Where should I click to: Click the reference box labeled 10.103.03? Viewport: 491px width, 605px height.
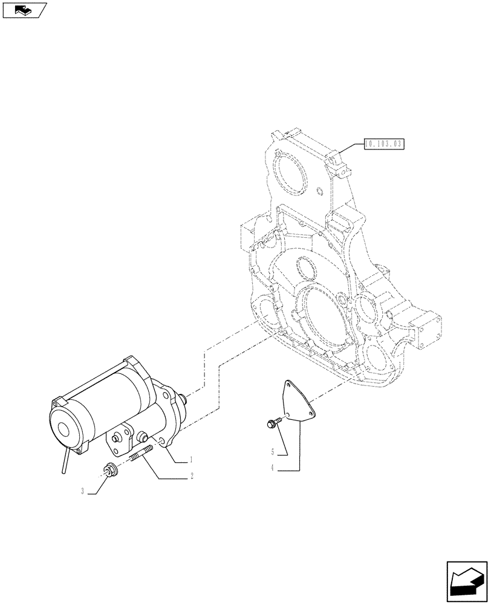coord(383,144)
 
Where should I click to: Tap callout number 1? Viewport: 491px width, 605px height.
coord(192,460)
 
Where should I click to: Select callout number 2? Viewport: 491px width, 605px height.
coord(192,477)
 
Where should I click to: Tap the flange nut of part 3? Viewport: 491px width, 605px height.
coord(109,469)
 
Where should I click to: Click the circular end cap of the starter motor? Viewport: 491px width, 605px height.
coord(64,427)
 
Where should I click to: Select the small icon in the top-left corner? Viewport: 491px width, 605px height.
coord(24,10)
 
